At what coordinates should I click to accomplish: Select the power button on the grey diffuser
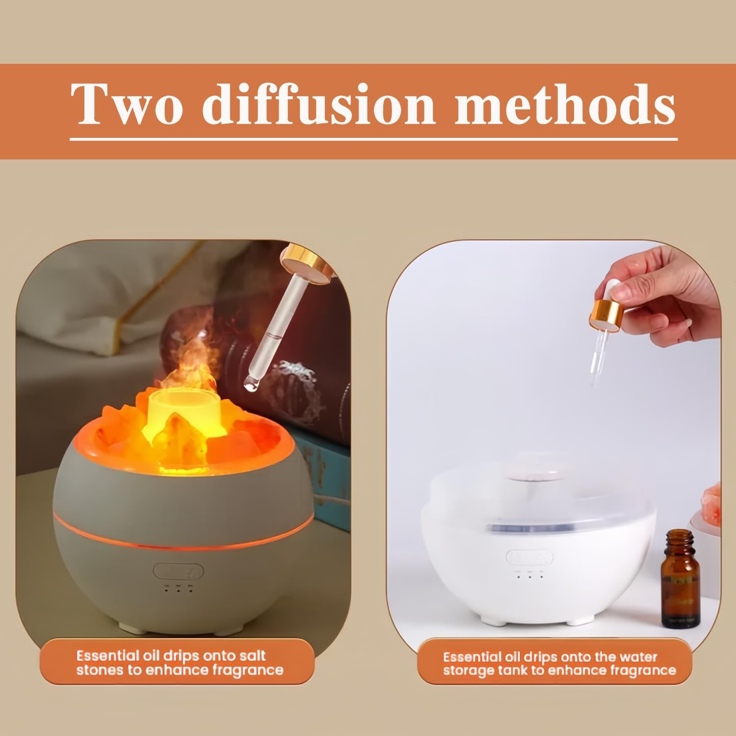[x=178, y=570]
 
